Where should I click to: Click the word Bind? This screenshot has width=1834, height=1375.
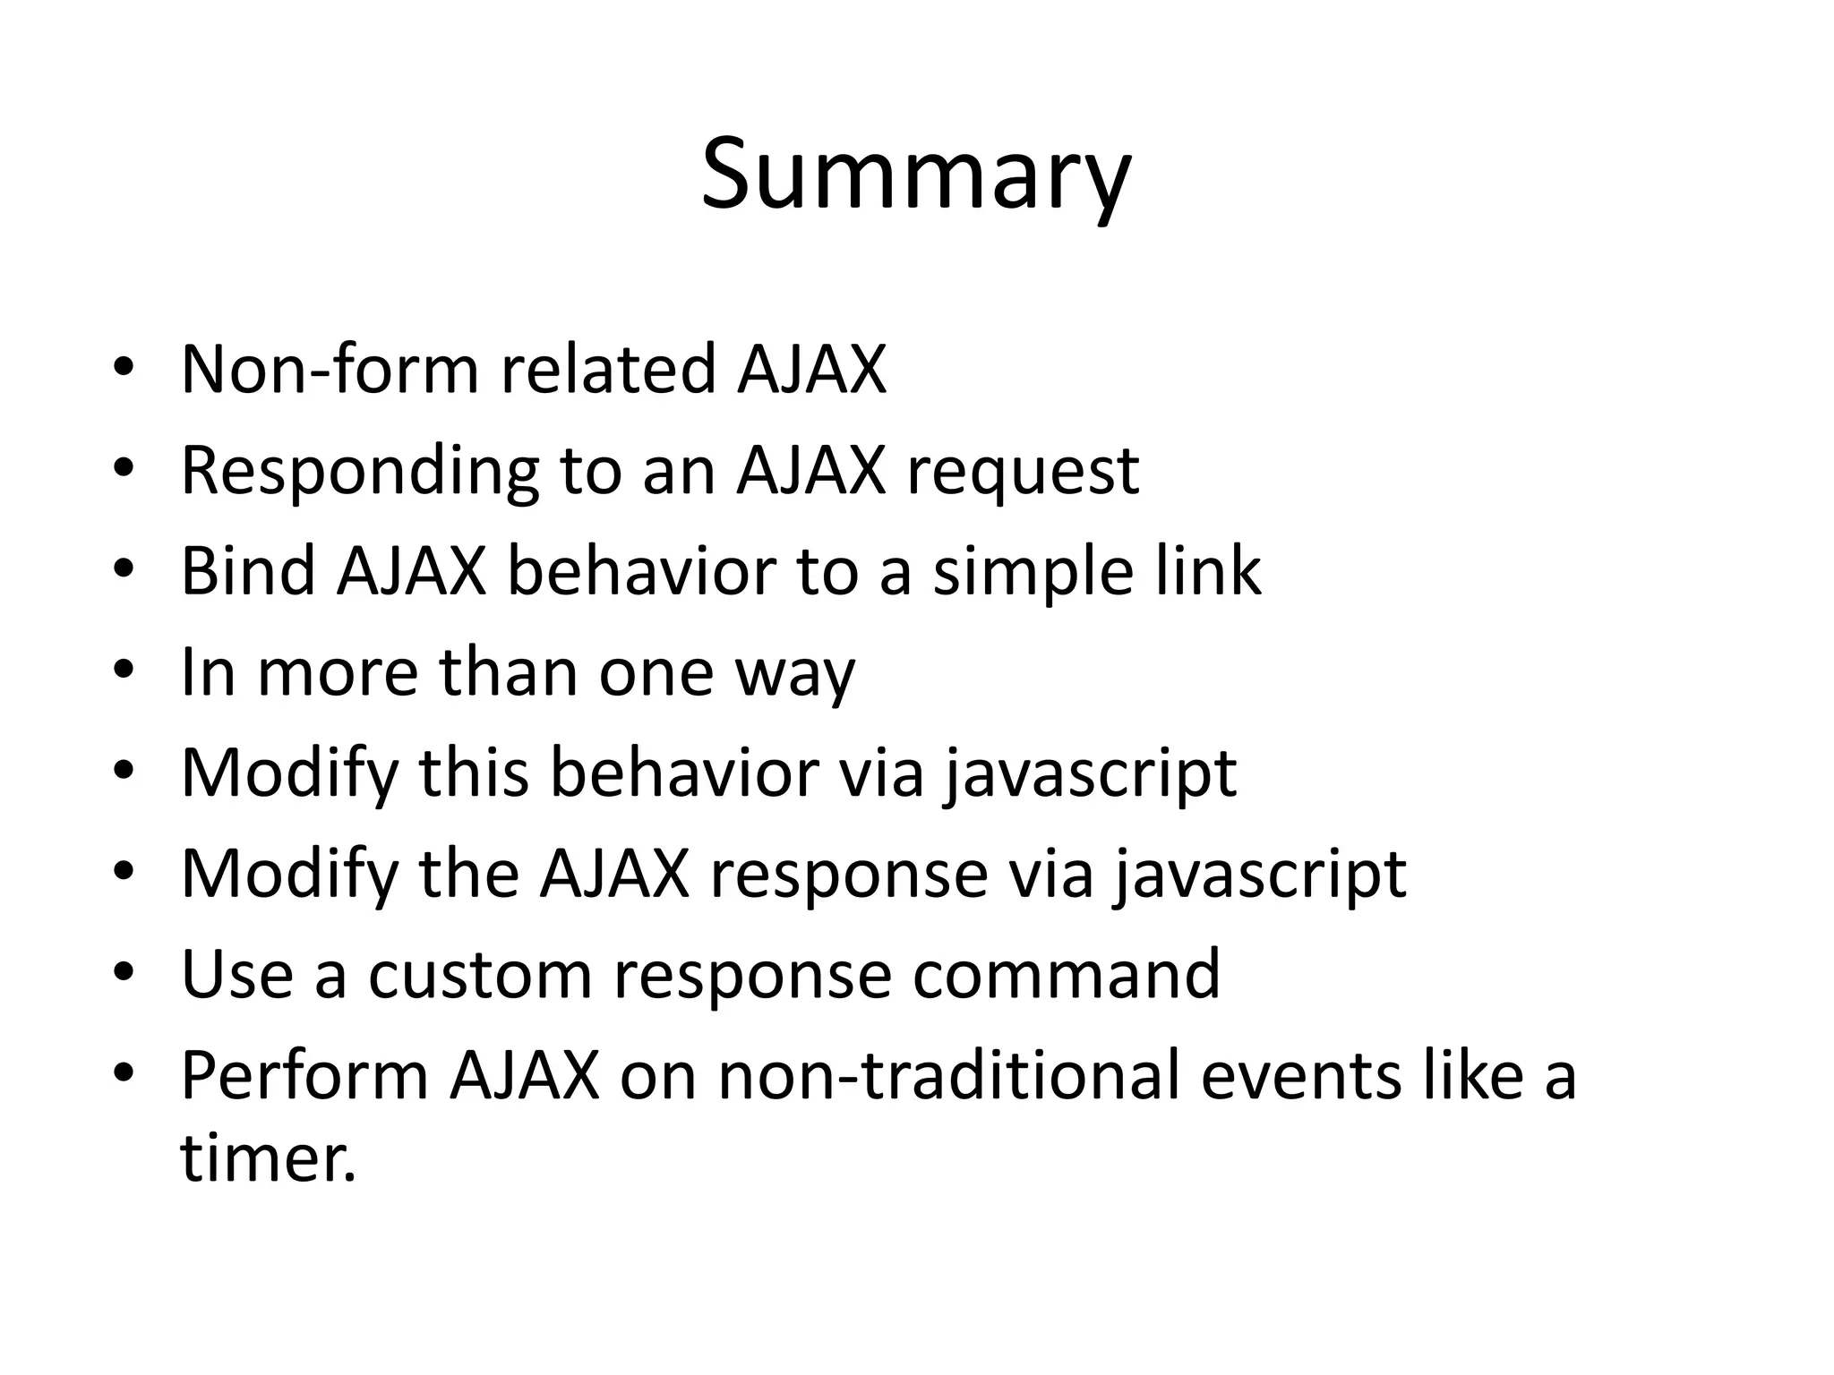(x=248, y=571)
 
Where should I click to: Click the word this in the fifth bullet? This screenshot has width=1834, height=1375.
(x=474, y=773)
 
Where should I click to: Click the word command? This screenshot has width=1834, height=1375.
(x=1066, y=975)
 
